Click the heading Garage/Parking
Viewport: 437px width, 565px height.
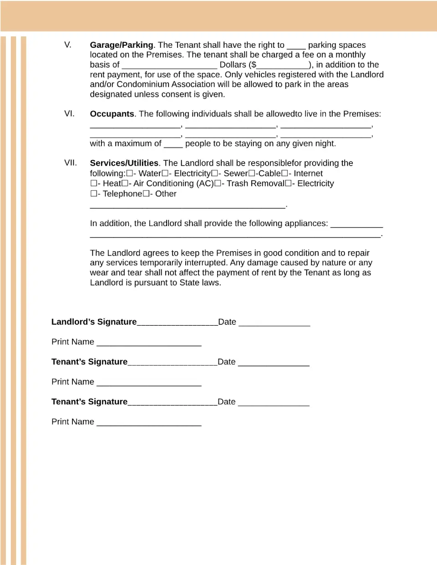pos(121,45)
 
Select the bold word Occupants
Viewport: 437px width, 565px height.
pos(112,114)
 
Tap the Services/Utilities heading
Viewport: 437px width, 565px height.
pos(124,163)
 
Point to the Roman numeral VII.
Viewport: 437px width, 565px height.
pos(70,162)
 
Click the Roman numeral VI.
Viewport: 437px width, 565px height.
pos(69,113)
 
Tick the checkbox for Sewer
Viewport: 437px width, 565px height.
pos(215,173)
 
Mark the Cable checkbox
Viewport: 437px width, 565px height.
pos(252,173)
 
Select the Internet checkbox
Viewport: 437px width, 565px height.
pos(285,173)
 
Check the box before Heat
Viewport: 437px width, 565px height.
pos(93,183)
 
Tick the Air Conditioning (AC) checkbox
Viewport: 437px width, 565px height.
pos(125,183)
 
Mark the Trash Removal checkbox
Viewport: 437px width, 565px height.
pos(218,183)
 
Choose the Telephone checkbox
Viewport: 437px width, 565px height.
pos(93,193)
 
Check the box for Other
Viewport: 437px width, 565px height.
pos(146,193)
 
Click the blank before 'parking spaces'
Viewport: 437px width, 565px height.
pos(296,46)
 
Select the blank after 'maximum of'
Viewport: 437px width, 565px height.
pos(173,145)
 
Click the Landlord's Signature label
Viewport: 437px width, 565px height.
pos(94,322)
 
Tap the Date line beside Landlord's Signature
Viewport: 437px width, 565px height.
pos(274,324)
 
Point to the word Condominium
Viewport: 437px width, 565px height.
pos(145,84)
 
